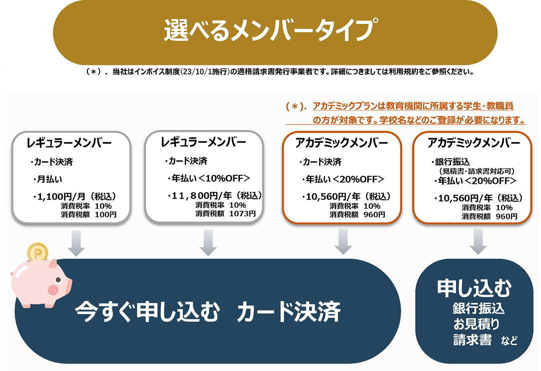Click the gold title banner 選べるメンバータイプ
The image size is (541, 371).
(x=275, y=31)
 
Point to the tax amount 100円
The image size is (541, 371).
(x=106, y=215)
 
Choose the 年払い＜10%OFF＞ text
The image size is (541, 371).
(x=209, y=178)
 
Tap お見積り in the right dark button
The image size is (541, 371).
(x=476, y=324)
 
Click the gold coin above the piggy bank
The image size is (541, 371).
(x=36, y=254)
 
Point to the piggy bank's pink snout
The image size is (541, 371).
(x=53, y=289)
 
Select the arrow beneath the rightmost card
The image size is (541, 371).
(x=478, y=242)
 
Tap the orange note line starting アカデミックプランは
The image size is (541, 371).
(x=413, y=106)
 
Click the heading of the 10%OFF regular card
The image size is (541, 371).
(x=203, y=142)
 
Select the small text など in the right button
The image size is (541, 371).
(x=510, y=342)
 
